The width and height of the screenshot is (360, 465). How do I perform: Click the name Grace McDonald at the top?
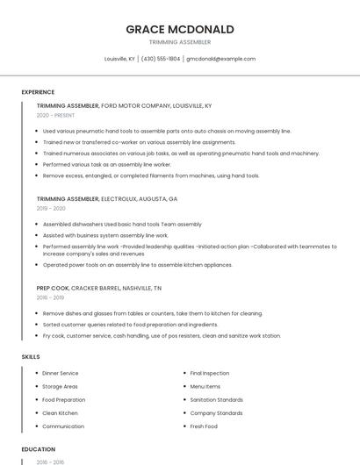pos(180,29)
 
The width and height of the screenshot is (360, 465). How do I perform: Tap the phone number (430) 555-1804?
pos(161,59)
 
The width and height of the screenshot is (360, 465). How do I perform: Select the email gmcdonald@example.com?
pos(220,59)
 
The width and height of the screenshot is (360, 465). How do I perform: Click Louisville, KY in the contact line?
pos(119,59)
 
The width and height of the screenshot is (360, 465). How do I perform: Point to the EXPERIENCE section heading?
pos(38,92)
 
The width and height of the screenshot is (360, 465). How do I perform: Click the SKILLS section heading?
pos(31,357)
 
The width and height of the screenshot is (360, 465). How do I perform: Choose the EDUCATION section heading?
pos(38,449)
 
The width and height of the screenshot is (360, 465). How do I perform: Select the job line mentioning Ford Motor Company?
pos(124,105)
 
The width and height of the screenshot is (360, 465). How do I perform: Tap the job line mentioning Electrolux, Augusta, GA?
pos(107,198)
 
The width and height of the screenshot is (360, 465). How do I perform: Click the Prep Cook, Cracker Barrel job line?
pos(99,288)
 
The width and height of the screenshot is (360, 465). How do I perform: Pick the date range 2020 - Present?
pos(55,115)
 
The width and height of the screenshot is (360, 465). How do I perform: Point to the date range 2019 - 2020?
pos(51,209)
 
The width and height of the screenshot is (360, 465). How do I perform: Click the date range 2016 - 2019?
pos(51,298)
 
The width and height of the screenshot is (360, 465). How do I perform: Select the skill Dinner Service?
pos(61,373)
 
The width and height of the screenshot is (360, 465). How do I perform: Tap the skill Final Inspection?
pos(210,373)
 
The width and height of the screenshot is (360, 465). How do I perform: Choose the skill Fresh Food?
pos(204,426)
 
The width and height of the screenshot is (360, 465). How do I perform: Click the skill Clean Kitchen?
pos(60,413)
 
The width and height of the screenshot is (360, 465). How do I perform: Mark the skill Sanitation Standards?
pos(217,399)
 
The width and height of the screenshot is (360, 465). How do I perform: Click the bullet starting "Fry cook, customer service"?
pos(162,336)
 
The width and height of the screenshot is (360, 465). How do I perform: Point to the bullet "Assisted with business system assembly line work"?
pos(105,236)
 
